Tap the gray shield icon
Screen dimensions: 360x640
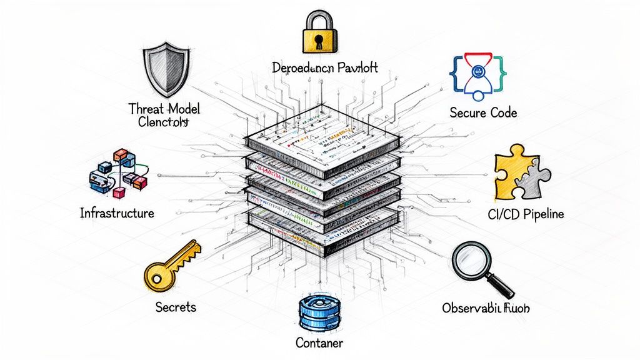coord(163,69)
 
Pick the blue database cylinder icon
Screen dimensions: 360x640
coord(319,314)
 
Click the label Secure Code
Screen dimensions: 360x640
coord(483,113)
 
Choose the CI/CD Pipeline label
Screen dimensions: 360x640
coord(525,214)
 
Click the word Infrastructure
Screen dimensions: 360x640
coord(117,213)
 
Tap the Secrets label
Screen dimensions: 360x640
coord(176,307)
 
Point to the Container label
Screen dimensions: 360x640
coord(319,343)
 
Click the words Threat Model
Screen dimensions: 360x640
coord(163,108)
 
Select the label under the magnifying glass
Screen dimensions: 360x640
coord(489,308)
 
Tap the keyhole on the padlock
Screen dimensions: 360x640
coord(319,41)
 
